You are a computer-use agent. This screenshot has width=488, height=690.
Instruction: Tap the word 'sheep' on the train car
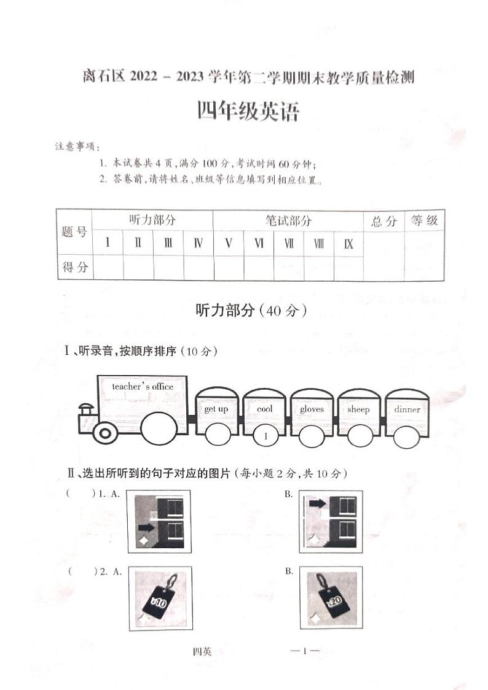(x=358, y=409)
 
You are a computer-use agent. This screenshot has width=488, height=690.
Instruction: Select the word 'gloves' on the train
(x=312, y=409)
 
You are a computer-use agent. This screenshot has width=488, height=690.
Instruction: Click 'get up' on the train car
(x=216, y=409)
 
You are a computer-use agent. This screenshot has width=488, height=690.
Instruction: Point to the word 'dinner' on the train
(x=407, y=409)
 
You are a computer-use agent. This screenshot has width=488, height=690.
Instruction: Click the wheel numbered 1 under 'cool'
(x=266, y=436)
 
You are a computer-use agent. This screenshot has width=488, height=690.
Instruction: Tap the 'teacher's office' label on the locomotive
(x=143, y=387)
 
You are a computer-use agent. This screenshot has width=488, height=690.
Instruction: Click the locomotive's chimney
(x=87, y=408)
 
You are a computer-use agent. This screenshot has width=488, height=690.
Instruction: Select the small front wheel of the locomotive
(x=105, y=433)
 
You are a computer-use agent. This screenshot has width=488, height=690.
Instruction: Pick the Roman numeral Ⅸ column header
(x=348, y=244)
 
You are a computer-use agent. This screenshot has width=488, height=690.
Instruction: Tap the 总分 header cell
(x=384, y=222)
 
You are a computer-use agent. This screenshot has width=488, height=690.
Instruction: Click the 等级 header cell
(x=424, y=221)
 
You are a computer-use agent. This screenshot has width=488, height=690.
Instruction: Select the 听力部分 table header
(x=152, y=220)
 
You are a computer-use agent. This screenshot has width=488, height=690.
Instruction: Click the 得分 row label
(x=75, y=267)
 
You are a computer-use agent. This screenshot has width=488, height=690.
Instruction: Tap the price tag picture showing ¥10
(x=160, y=599)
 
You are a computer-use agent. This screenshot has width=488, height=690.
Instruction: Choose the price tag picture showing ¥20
(x=331, y=599)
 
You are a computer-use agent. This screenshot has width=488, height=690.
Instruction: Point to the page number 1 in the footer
(x=305, y=651)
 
